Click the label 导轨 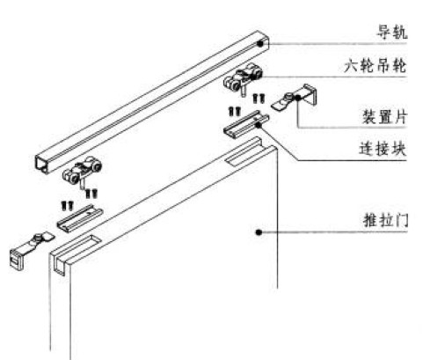392,32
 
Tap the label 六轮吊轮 375,66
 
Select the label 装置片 384,116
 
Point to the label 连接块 383,149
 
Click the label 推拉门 385,220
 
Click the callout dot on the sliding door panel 259,232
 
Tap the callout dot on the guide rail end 260,44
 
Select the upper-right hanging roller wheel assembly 243,79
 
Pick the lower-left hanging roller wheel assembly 82,173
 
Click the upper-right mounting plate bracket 295,98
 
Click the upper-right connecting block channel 246,123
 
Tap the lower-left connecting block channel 80,218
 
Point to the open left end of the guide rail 43,165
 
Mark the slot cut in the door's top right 244,157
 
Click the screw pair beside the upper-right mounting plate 259,98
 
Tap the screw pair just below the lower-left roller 91,194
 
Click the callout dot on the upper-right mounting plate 297,98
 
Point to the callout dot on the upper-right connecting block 259,125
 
